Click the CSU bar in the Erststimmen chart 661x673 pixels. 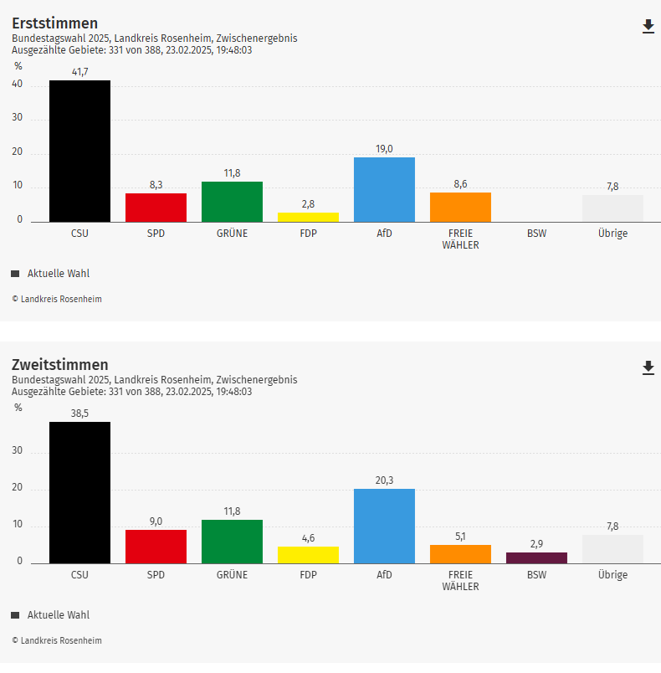[79, 151]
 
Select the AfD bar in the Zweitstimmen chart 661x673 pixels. [384, 526]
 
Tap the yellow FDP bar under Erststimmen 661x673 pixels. [308, 217]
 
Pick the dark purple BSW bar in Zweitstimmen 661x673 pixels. [536, 557]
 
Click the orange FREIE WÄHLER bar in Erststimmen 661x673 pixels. [460, 207]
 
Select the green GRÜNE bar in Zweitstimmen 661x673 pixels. [232, 541]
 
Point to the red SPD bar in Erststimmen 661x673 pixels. [156, 207]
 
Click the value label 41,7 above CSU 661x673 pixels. [79, 72]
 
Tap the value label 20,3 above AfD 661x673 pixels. [384, 480]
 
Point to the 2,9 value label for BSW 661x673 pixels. [536, 543]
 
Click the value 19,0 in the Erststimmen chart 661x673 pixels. [384, 149]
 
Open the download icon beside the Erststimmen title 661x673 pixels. [648, 27]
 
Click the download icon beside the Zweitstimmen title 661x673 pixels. [648, 368]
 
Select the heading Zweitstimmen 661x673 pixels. [59, 365]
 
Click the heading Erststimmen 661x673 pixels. [54, 23]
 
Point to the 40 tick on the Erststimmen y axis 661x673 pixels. [18, 85]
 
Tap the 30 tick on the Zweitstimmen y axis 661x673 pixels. [18, 452]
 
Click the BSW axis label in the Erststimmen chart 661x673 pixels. [536, 234]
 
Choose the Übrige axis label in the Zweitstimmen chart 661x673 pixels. [612, 575]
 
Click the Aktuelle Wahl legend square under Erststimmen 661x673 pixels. [15, 274]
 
